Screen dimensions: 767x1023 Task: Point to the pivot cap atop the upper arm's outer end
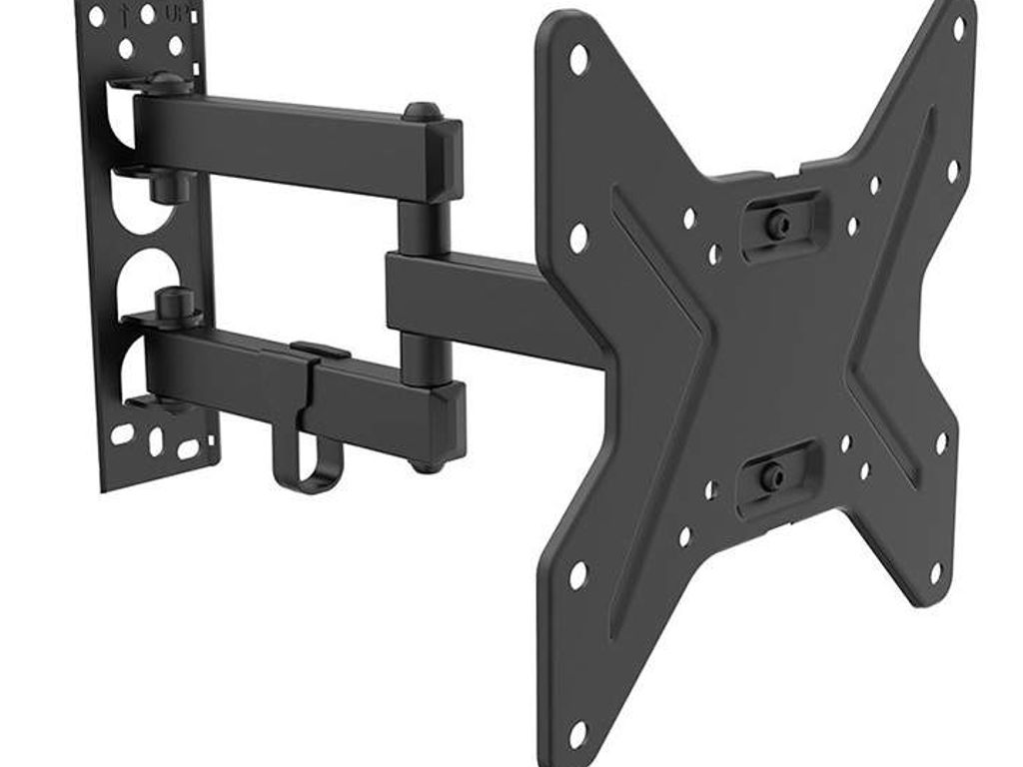click(x=421, y=111)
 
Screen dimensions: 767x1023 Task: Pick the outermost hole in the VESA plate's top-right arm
click(x=958, y=24)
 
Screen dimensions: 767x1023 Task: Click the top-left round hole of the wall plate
click(x=97, y=17)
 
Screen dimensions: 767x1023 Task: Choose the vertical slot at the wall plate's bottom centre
click(x=155, y=440)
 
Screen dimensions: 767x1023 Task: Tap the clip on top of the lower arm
click(x=320, y=351)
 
